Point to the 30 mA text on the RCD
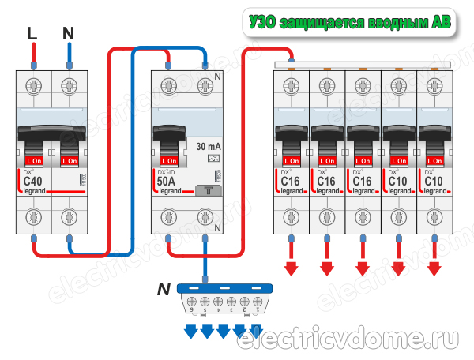207,147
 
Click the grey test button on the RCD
206,189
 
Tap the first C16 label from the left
290,182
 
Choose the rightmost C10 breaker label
433,182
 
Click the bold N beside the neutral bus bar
162,290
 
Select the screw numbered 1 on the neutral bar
255,302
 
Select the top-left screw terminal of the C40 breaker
33,85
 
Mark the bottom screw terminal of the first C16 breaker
290,216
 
